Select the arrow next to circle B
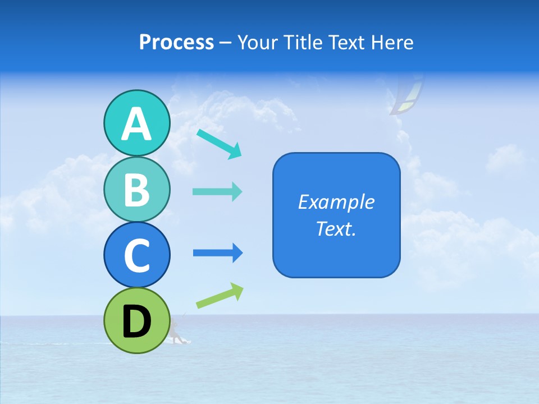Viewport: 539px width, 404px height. point(217,192)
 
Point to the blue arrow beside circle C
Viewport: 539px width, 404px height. point(218,253)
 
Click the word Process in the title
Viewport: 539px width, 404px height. point(176,42)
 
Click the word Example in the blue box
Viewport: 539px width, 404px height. point(336,202)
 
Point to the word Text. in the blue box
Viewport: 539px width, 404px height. point(336,228)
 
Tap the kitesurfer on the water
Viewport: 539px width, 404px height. point(177,332)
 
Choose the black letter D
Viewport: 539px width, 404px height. point(136,321)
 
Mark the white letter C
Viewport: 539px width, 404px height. point(136,255)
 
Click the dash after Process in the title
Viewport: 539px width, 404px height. point(226,43)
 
